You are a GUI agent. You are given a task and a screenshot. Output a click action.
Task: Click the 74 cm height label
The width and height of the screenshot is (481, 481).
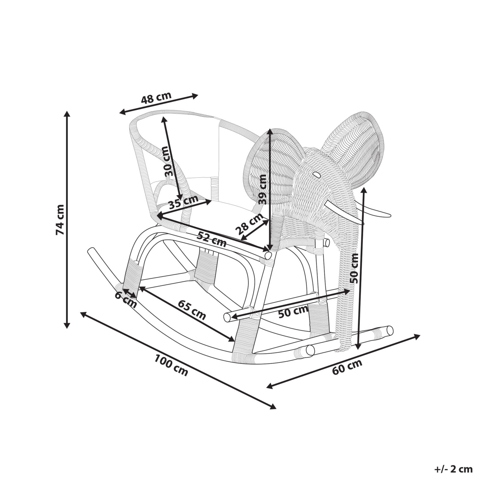point(60,219)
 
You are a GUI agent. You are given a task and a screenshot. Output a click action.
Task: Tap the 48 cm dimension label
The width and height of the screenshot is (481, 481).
point(156,98)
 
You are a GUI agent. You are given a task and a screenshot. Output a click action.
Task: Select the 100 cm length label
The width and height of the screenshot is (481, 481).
point(171,365)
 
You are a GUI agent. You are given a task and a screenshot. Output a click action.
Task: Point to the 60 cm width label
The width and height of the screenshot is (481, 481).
point(347,367)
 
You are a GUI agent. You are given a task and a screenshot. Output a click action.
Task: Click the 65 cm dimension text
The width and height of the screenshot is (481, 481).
point(192,310)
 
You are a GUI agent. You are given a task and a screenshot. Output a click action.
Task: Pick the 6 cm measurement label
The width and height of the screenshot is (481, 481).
point(126,299)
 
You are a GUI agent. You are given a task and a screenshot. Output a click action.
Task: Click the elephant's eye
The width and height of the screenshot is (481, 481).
point(317,175)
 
